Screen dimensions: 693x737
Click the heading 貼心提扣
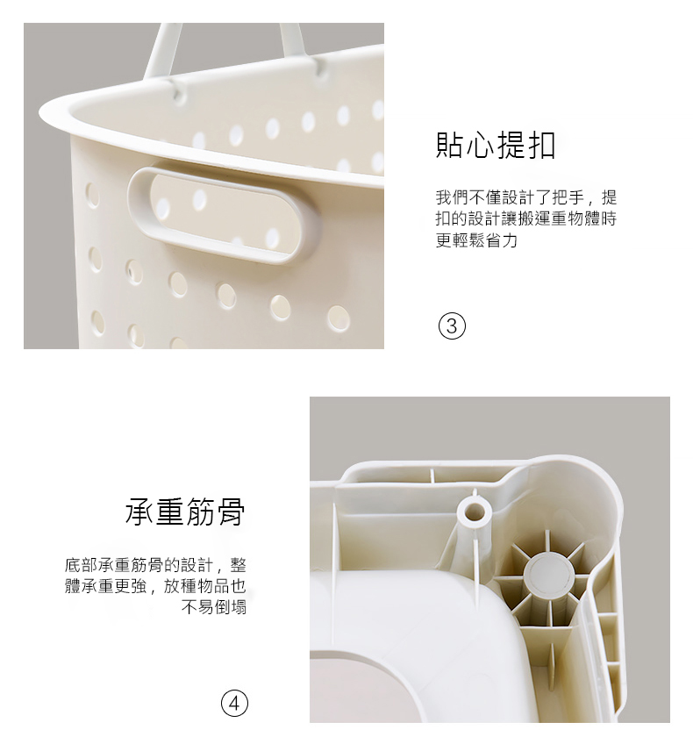coord(497,145)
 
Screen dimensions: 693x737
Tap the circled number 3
coord(452,326)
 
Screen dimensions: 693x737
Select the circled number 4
coord(234,703)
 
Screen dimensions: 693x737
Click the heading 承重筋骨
coord(185,512)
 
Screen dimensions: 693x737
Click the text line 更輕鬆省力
coord(477,240)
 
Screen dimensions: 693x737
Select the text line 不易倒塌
coord(214,607)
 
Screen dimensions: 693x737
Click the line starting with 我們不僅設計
coord(526,197)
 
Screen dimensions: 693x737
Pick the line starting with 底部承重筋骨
coord(155,564)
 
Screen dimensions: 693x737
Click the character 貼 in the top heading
coord(450,145)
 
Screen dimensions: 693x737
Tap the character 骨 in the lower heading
coord(232,512)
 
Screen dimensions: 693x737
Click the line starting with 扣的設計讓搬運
coord(526,218)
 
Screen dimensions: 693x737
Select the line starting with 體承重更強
coord(155,586)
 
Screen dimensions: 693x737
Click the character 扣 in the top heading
coord(542,145)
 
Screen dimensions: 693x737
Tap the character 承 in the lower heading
coord(139,512)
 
